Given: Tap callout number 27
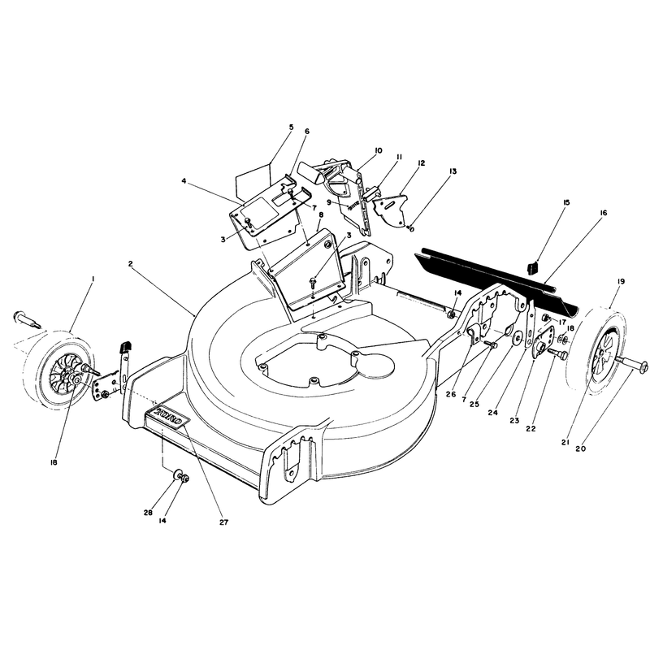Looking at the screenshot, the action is pos(224,522).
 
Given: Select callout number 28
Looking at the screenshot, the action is pos(148,513).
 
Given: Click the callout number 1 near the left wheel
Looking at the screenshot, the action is pos(93,279).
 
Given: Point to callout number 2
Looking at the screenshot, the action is pos(130,263).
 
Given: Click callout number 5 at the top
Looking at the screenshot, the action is pos(291,127).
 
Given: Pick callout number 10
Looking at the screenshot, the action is pos(378,150).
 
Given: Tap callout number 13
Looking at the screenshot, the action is pos(453,171).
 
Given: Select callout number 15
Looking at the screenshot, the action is pos(566,202).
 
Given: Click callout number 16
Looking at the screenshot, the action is pos(603,213).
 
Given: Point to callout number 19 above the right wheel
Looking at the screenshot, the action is pos(620,281).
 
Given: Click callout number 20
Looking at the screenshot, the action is pos(581,448).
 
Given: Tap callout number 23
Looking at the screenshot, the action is pos(514,420).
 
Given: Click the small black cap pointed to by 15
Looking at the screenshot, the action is pos(533,267).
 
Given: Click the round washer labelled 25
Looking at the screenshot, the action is pos(517,339).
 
